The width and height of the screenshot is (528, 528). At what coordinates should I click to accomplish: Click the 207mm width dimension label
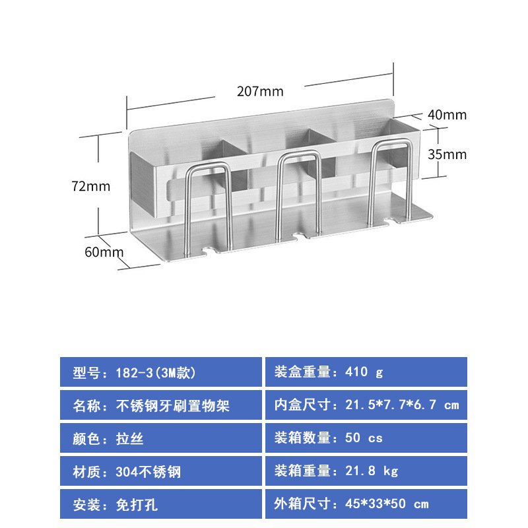coord(260,91)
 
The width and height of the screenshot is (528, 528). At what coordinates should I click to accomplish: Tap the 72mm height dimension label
coord(91,186)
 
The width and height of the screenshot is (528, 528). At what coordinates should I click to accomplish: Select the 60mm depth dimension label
coord(104,252)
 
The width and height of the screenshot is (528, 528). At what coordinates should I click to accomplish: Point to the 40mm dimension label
coord(447,115)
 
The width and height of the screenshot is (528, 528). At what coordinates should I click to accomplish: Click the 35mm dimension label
coord(447,154)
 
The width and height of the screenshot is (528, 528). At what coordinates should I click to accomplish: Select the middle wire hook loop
coord(298,155)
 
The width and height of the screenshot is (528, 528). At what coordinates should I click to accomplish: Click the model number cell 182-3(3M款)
coord(161,372)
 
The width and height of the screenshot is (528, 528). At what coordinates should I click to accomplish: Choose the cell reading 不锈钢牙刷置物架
coord(161,405)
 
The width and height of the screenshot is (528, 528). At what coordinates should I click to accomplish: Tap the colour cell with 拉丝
coord(161,438)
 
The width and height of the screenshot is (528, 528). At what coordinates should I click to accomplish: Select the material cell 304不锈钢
coord(161,471)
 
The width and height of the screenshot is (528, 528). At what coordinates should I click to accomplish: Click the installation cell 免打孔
coord(161,504)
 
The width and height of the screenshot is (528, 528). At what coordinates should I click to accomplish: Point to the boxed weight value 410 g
coord(364,372)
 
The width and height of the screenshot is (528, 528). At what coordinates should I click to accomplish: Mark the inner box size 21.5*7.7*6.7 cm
coord(402,405)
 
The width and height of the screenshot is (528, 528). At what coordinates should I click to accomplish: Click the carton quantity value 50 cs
coord(364,438)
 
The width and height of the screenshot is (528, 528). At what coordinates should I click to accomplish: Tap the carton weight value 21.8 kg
coord(372,471)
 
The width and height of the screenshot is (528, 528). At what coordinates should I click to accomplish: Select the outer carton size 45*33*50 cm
coord(387,504)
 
